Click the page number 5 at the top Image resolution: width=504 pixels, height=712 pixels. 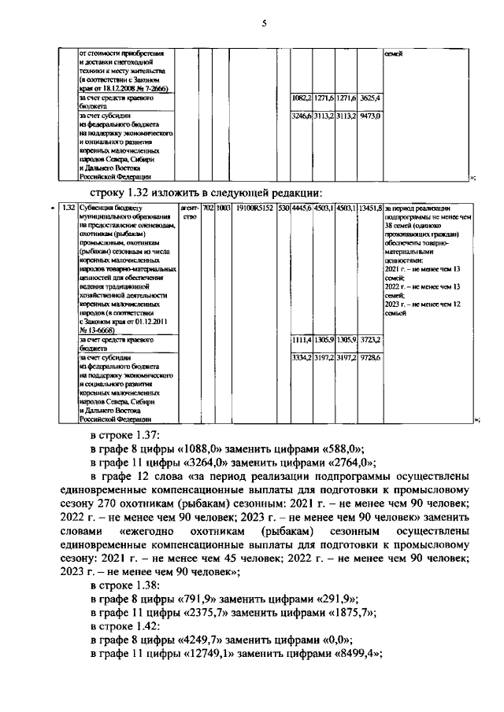tap(265, 24)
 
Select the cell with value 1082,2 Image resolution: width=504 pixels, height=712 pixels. tap(302, 98)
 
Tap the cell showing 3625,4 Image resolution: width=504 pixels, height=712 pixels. tap(369, 98)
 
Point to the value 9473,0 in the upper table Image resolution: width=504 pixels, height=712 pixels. tap(369, 116)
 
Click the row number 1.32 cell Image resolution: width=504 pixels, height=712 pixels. tap(68, 208)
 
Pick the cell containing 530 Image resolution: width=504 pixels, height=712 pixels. tap(283, 208)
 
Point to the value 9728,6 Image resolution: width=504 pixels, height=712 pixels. tap(370, 357)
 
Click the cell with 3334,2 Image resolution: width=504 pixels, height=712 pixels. tap(302, 357)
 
